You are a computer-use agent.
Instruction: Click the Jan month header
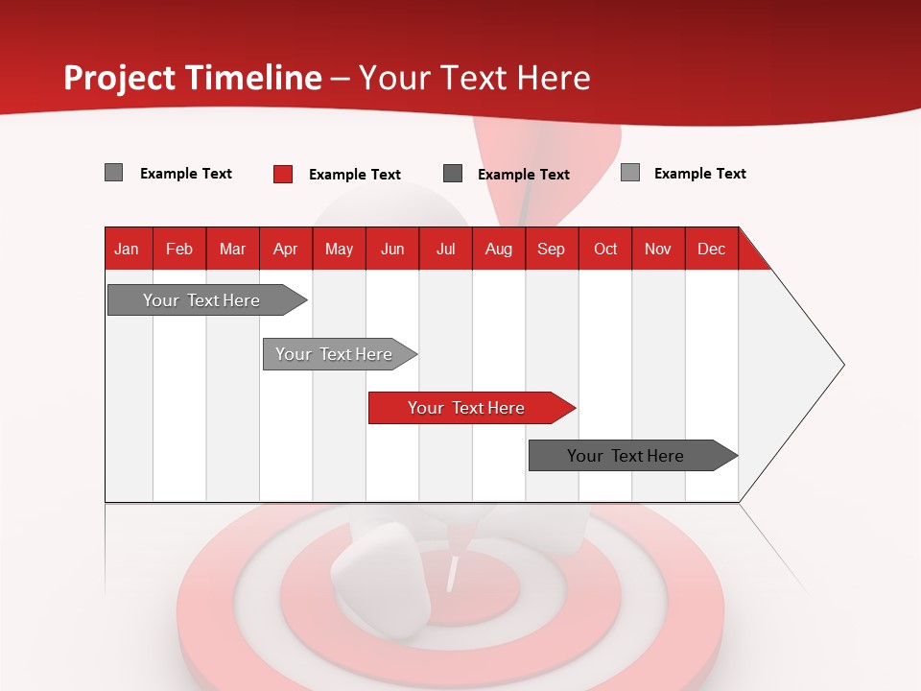[x=127, y=249]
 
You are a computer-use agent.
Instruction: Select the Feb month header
[x=179, y=249]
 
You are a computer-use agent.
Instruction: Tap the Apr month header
[x=285, y=249]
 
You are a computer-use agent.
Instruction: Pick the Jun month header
[x=392, y=249]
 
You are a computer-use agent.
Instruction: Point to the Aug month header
[x=499, y=249]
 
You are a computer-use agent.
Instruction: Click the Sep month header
[x=551, y=249]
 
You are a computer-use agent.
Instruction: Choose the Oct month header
[x=605, y=249]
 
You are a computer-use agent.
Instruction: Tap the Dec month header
[x=711, y=249]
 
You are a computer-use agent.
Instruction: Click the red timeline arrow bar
[x=470, y=408]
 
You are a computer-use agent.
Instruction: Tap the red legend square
[x=283, y=174]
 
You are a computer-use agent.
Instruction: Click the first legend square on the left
[x=113, y=173]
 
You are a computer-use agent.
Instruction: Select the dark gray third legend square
[x=453, y=173]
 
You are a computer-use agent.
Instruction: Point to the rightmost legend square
[x=630, y=173]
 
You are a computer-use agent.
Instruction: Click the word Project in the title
[x=120, y=78]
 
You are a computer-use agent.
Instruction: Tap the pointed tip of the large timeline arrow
[x=841, y=365]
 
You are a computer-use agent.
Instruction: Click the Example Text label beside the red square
[x=355, y=175]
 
